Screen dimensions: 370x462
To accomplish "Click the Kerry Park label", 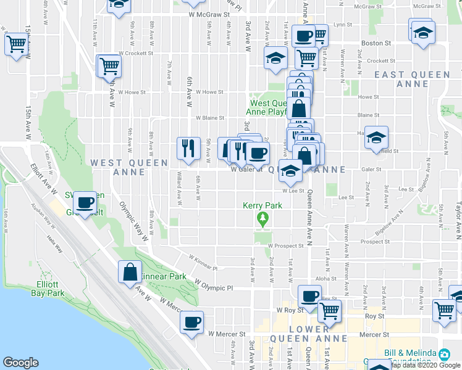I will pyautogui.click(x=263, y=205).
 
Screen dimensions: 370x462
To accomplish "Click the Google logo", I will pyautogui.click(x=20, y=363).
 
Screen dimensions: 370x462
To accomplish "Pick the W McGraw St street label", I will pyautogui.click(x=209, y=13).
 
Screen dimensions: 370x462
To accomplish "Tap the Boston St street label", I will pyautogui.click(x=376, y=43).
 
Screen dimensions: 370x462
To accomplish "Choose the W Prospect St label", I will pyautogui.click(x=285, y=245).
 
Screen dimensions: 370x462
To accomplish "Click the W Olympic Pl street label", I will pyautogui.click(x=213, y=287).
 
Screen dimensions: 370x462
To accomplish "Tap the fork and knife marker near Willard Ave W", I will pyautogui.click(x=188, y=148).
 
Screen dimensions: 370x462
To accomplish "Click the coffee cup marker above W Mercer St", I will pyautogui.click(x=191, y=323).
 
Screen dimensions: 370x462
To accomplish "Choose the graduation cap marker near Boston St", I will pyautogui.click(x=423, y=31).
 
